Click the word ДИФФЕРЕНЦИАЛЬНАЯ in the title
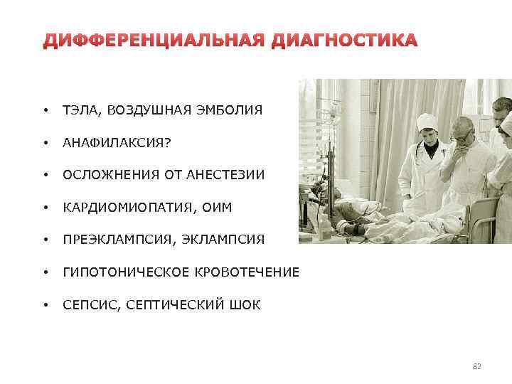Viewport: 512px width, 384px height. [x=154, y=41]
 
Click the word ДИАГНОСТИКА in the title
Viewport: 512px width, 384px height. [x=344, y=41]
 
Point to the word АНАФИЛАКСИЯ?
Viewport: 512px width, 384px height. [x=117, y=143]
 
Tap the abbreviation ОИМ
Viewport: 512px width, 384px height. [x=215, y=208]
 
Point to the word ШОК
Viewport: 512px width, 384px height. [x=245, y=306]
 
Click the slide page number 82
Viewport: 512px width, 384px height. [x=476, y=366]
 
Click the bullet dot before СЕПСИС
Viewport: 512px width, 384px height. [x=45, y=306]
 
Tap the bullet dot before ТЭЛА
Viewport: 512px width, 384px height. [x=45, y=110]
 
